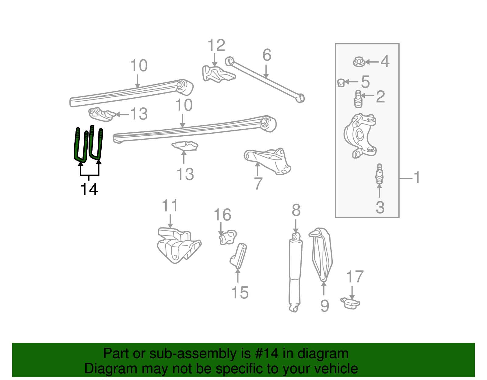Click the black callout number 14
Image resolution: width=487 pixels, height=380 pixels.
tap(89, 189)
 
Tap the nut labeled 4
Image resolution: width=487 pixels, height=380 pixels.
tap(359, 62)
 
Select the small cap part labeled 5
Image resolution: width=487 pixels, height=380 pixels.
tap(341, 82)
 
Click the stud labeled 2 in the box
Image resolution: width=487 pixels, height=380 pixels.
tap(359, 99)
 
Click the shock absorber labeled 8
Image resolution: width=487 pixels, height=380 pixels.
tap(295, 274)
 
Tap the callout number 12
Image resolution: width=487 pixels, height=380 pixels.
tap(216, 46)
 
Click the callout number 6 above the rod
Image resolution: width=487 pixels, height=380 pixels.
tap(267, 55)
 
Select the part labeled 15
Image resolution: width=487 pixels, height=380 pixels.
tap(239, 256)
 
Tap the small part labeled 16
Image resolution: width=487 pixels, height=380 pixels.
tap(227, 237)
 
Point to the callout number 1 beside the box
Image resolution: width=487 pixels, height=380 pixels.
tap(417, 177)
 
